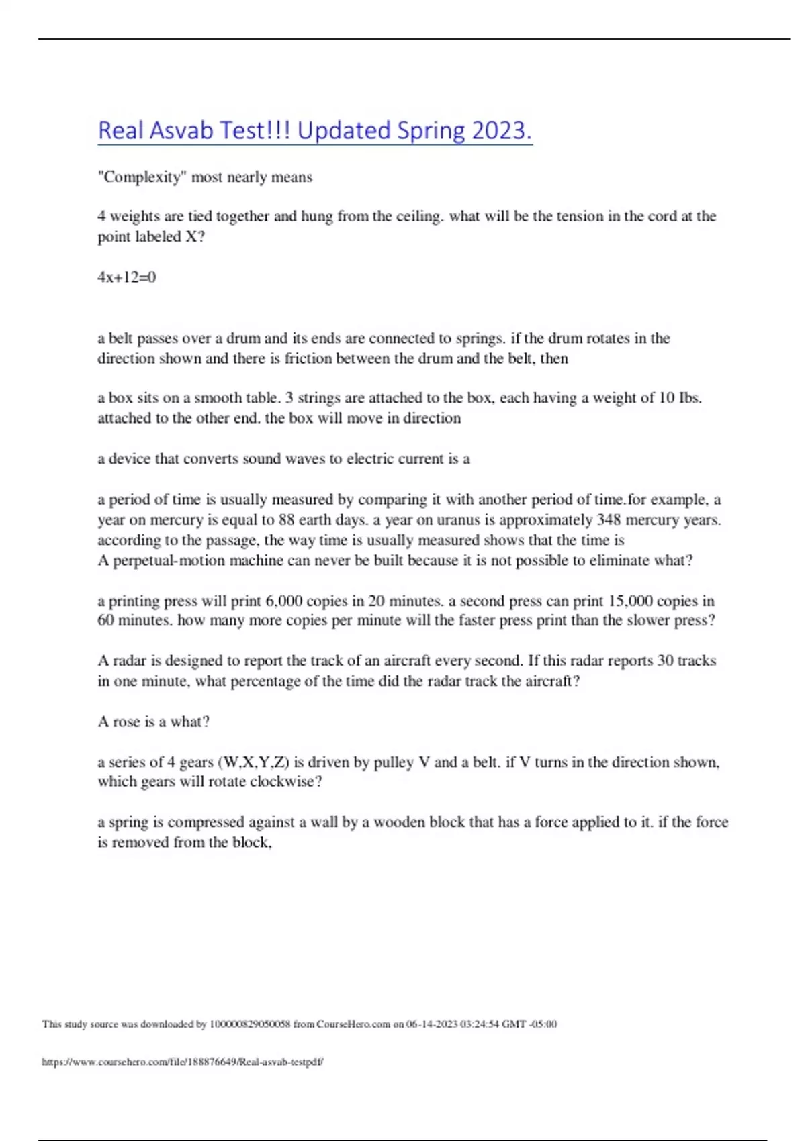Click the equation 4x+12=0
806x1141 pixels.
pyautogui.click(x=127, y=277)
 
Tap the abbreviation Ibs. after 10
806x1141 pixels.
pyautogui.click(x=690, y=398)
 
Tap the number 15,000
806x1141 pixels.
pyautogui.click(x=630, y=601)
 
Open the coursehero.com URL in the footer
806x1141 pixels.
pyautogui.click(x=183, y=1062)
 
